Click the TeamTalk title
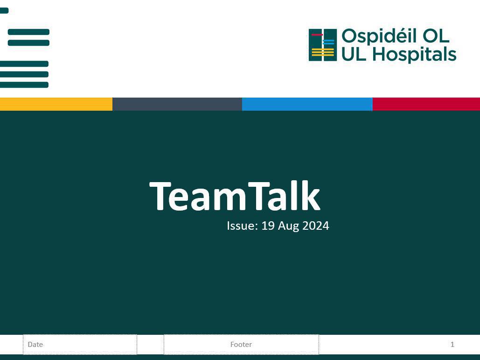[x=235, y=197]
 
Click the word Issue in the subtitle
[x=241, y=226]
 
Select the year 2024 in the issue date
[x=316, y=226]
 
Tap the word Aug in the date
[x=288, y=226]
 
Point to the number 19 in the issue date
[x=268, y=226]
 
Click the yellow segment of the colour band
[x=56, y=104]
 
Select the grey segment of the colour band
[x=177, y=104]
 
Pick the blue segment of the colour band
[x=307, y=104]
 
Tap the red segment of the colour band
[x=426, y=104]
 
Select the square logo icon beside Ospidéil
[x=322, y=45]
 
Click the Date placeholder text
[x=35, y=345]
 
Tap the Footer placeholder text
[x=241, y=345]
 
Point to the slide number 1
[x=452, y=345]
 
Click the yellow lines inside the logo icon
[x=323, y=52]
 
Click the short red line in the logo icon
[x=317, y=35]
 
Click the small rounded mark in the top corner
[x=4, y=10]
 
